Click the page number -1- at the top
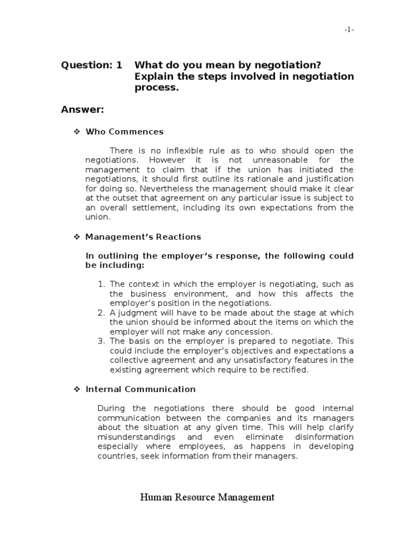349,30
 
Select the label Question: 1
91,65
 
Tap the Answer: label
82,110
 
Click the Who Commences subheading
125,132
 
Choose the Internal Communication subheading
141,389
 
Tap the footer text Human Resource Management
207,497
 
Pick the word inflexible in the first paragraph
184,151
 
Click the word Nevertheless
160,188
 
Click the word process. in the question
156,88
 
